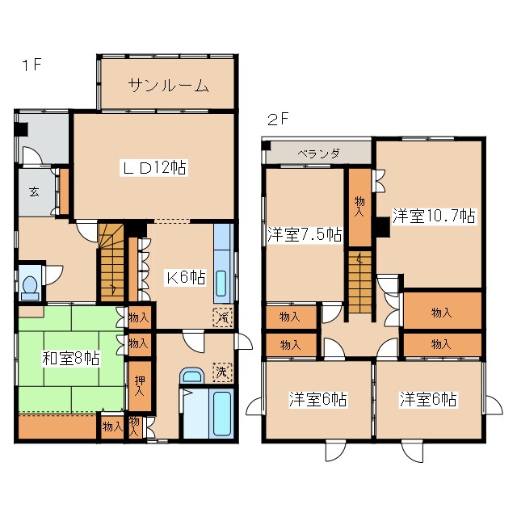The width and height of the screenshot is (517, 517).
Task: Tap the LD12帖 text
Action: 154,168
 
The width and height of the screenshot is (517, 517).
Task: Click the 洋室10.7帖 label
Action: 434,216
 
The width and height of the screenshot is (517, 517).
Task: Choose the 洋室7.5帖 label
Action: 305,234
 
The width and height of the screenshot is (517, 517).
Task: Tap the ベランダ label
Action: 317,153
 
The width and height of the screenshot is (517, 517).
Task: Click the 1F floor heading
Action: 30,65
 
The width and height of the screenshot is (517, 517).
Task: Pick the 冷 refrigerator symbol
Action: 221,317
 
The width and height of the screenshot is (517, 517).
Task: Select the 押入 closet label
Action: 139,385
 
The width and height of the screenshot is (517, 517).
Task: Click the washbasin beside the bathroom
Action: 191,376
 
